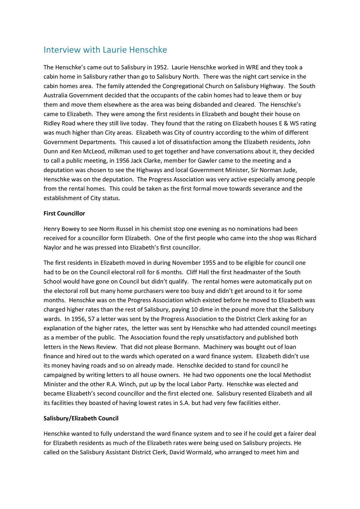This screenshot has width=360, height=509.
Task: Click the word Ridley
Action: pos(53,123)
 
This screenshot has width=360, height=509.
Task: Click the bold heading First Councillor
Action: pos(64,214)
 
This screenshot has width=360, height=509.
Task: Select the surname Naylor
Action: pos(53,248)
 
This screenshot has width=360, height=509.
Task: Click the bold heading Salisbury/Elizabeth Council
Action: pos(81,419)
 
